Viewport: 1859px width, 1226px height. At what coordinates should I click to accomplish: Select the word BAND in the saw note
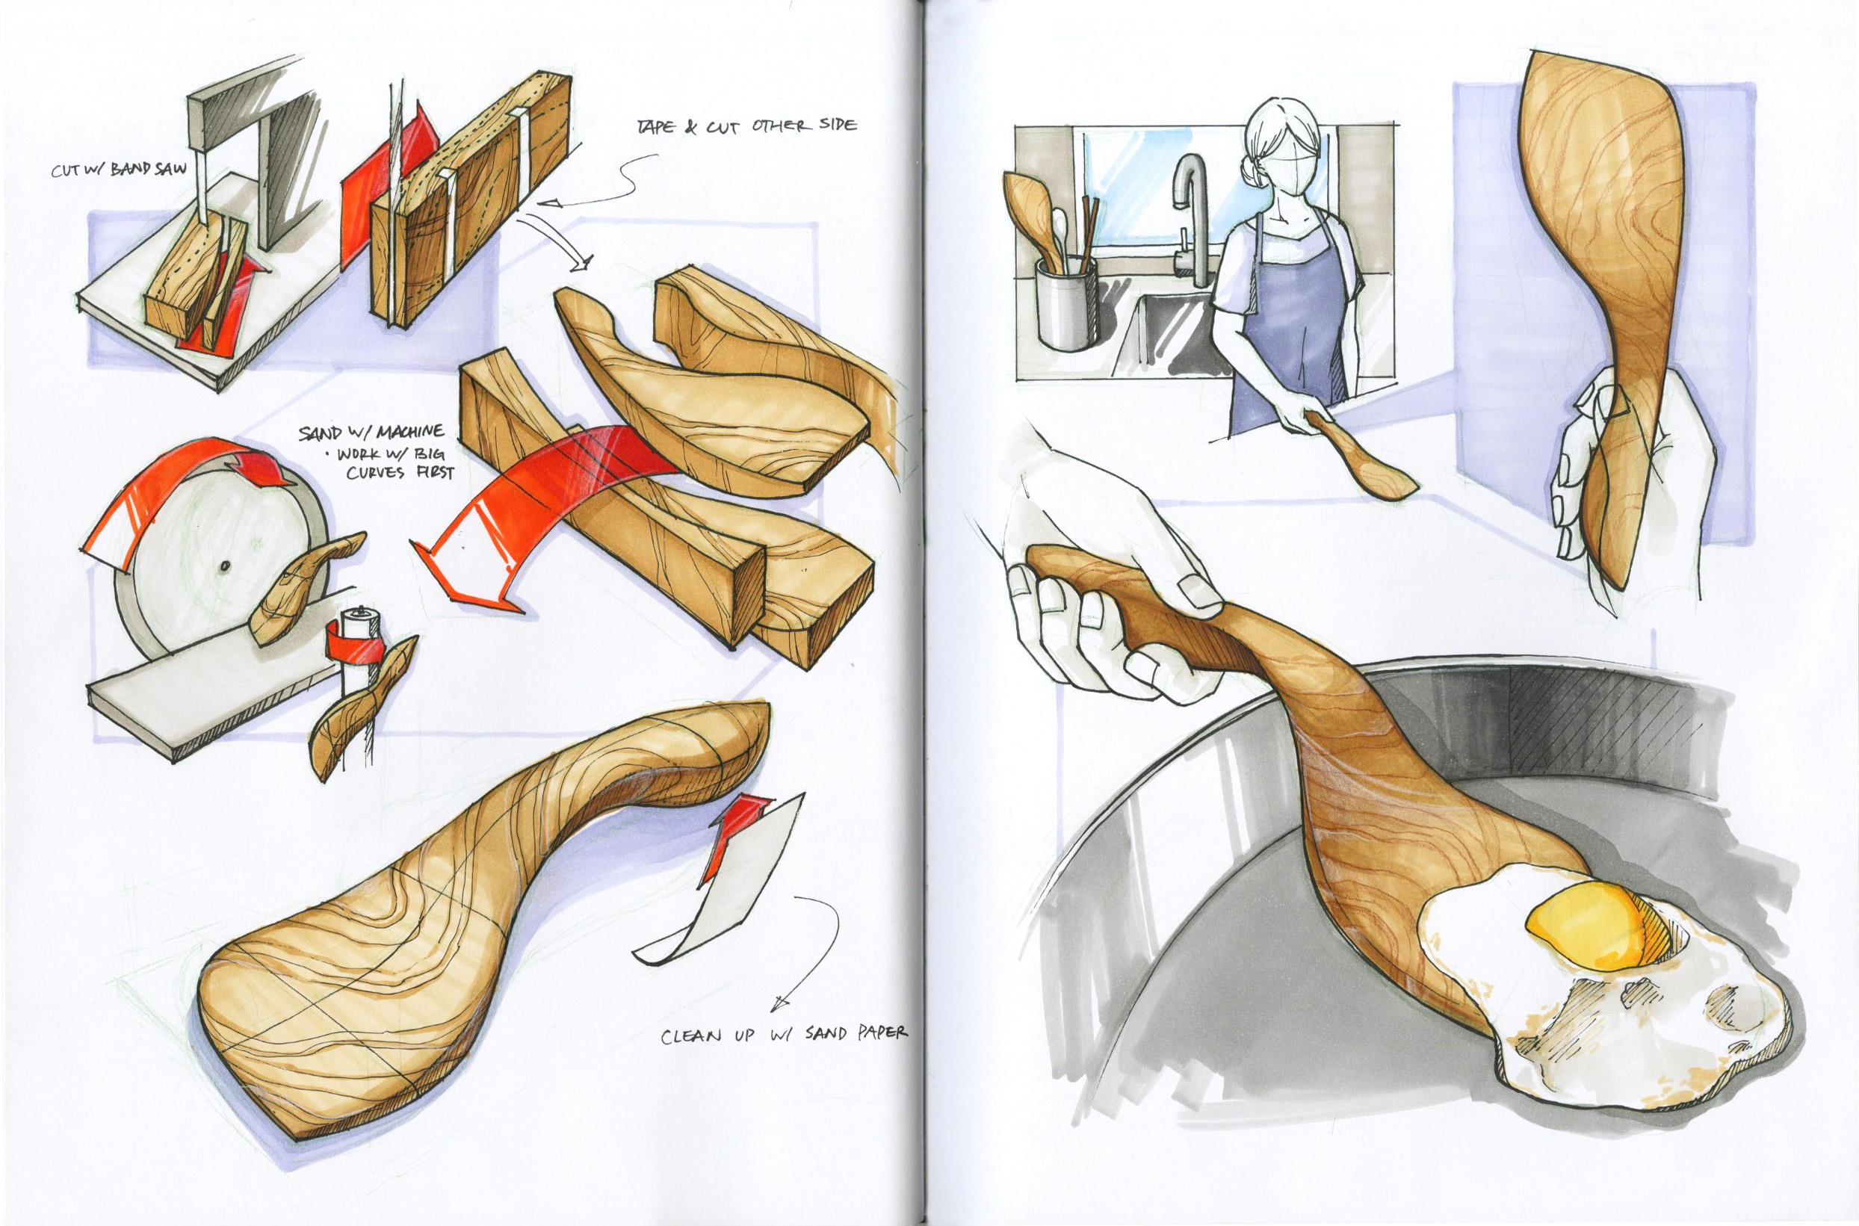(131, 169)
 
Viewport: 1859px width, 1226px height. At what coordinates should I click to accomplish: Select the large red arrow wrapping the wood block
(539, 508)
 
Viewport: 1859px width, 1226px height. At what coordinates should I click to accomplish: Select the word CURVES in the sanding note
(374, 473)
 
